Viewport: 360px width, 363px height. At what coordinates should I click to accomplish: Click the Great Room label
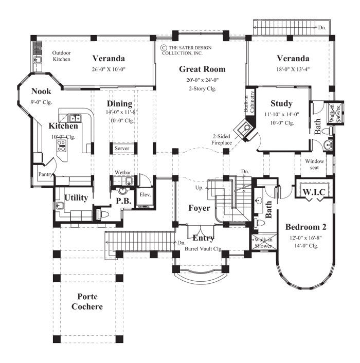pyautogui.click(x=202, y=69)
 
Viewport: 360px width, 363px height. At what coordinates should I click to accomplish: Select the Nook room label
pyautogui.click(x=41, y=91)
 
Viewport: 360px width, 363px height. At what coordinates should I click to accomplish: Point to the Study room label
pyautogui.click(x=281, y=103)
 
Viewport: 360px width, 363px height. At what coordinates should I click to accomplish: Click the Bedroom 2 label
pyautogui.click(x=306, y=226)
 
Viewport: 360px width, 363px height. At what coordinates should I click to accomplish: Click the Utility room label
pyautogui.click(x=76, y=197)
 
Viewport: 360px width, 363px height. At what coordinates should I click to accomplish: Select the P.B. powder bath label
pyautogui.click(x=125, y=202)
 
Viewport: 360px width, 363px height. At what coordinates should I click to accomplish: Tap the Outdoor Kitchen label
pyautogui.click(x=62, y=56)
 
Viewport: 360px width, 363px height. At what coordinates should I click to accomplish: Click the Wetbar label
pyautogui.click(x=123, y=172)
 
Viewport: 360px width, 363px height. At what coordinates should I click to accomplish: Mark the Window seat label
pyautogui.click(x=316, y=165)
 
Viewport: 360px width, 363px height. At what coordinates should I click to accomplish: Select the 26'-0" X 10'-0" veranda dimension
pyautogui.click(x=109, y=69)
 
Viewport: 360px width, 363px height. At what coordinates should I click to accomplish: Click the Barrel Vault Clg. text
pyautogui.click(x=203, y=248)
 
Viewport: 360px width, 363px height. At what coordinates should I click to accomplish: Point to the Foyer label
pyautogui.click(x=199, y=208)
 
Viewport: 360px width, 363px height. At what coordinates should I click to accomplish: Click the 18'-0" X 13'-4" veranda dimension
pyautogui.click(x=293, y=69)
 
